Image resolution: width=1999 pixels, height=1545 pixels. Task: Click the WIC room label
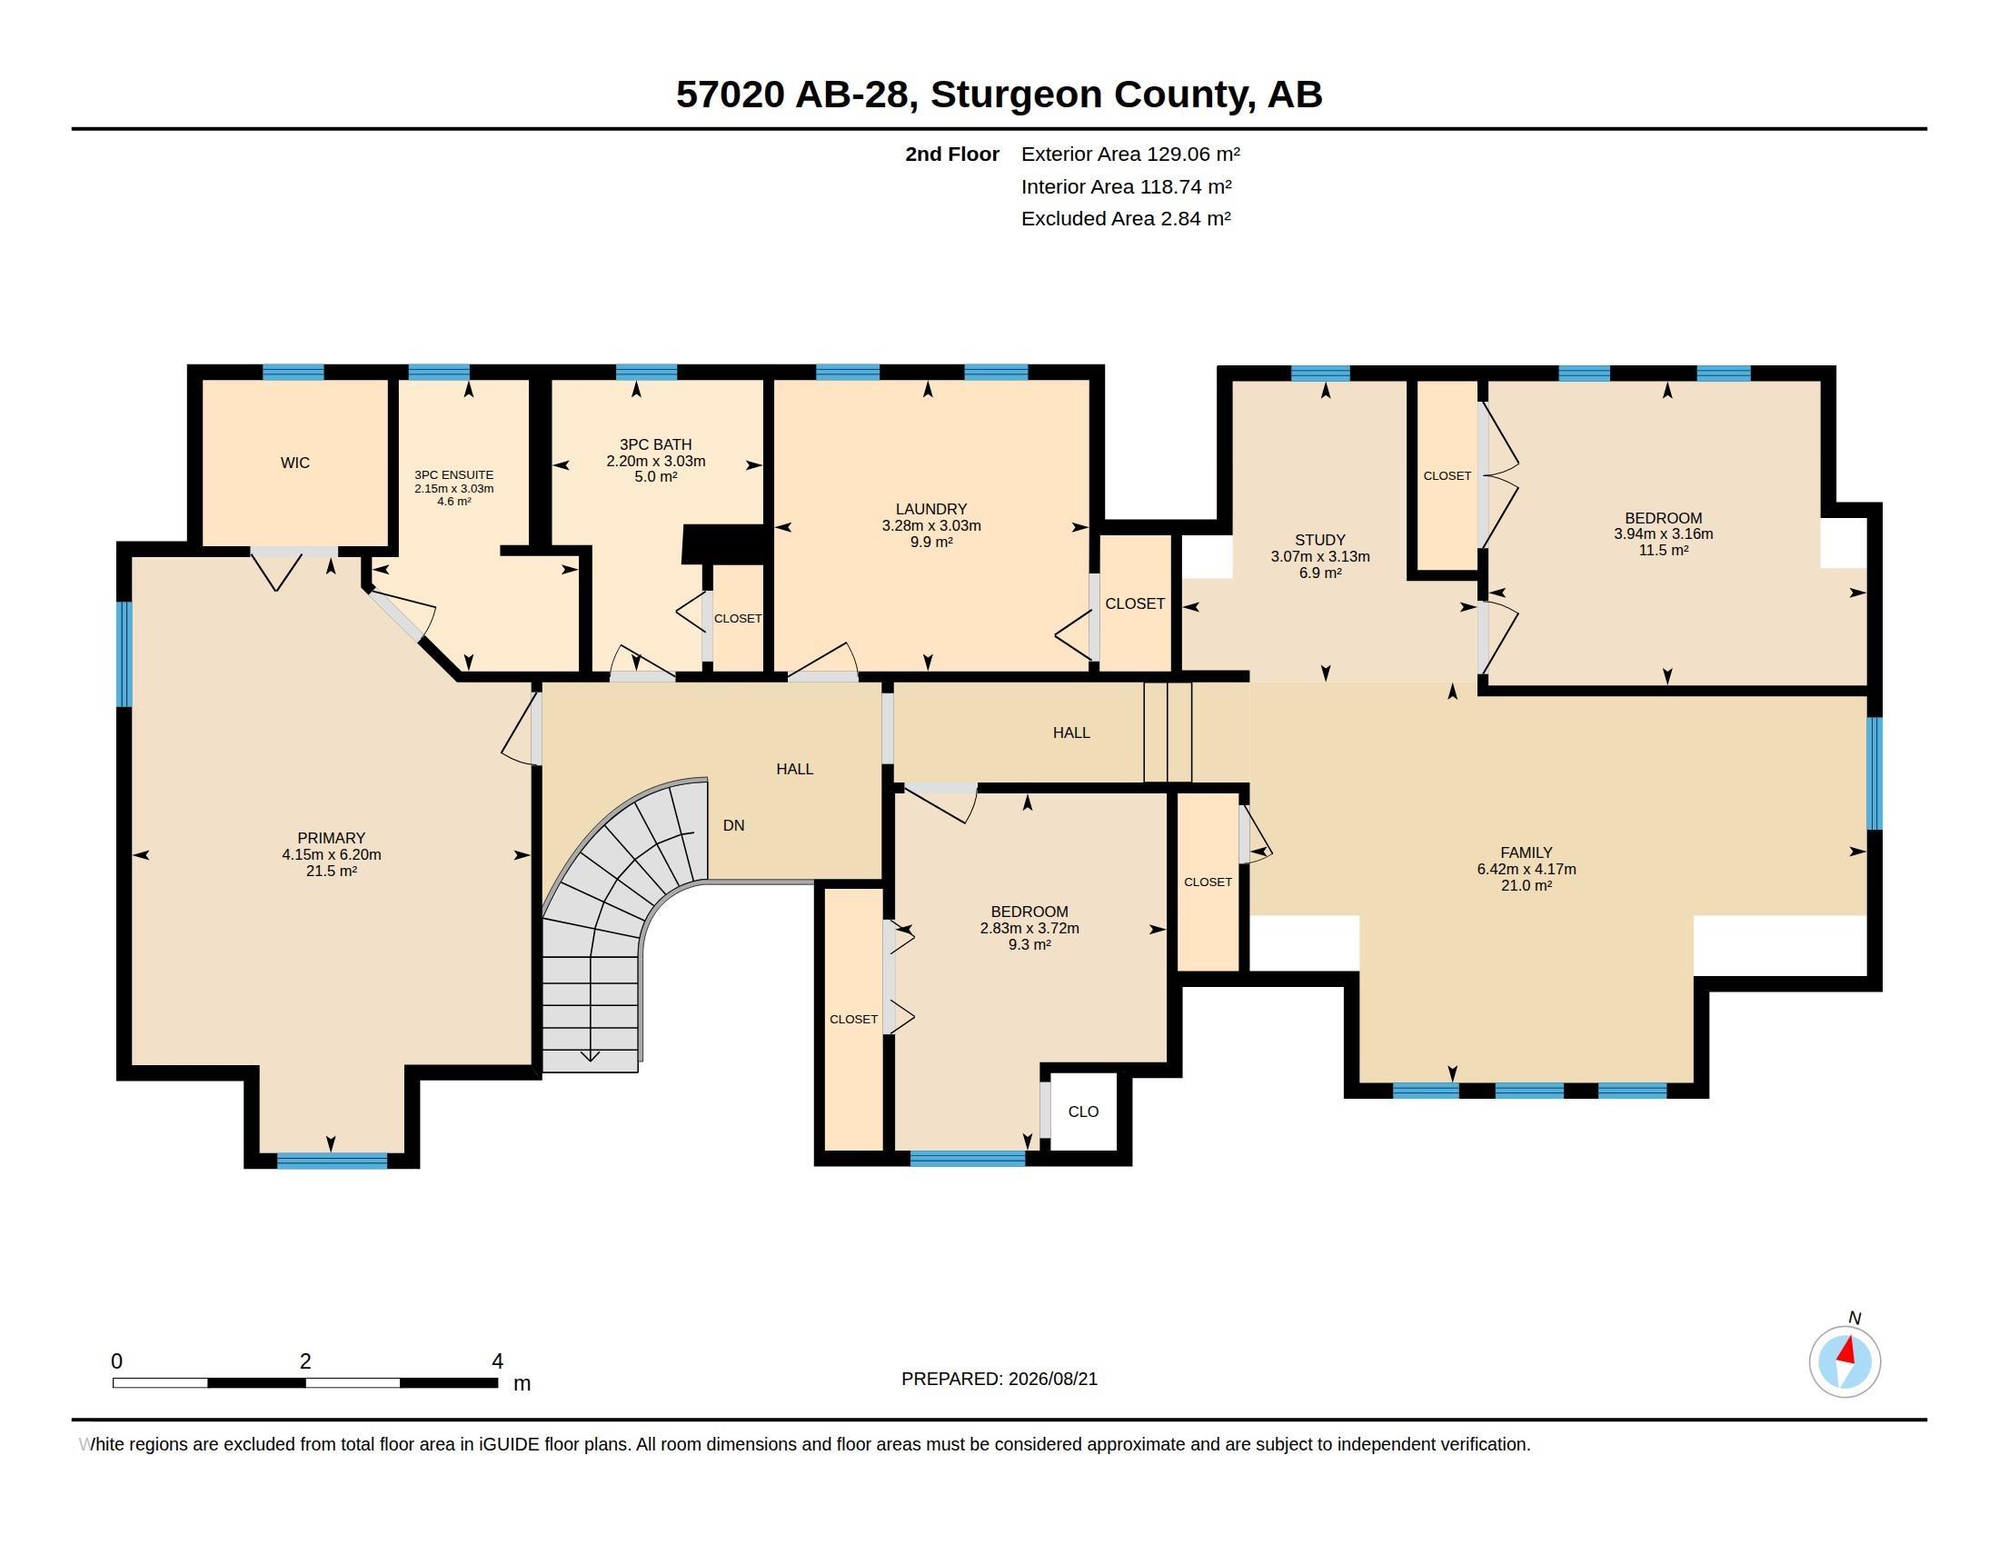pos(294,463)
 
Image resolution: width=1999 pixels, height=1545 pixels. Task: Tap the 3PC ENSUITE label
pos(454,475)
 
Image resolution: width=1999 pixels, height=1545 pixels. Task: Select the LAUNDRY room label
pos(930,509)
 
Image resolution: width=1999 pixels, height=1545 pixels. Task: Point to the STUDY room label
pos(1320,540)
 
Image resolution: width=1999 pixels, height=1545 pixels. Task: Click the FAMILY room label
pos(1526,852)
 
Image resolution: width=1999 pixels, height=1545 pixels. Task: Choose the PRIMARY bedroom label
pos(332,839)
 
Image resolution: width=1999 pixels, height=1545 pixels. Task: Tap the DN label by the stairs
pos(733,825)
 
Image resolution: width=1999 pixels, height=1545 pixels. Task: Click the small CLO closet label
pos(1083,1111)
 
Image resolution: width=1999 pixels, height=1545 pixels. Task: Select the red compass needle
pos(1848,1350)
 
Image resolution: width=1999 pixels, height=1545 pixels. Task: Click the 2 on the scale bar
pos(304,1361)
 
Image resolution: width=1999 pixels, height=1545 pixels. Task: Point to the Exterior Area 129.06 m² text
pos(1130,154)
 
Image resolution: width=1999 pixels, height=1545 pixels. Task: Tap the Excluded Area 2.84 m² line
pos(1126,219)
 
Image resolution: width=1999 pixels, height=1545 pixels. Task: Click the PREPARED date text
pos(999,1379)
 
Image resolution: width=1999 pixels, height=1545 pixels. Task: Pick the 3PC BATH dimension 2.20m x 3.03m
pos(655,462)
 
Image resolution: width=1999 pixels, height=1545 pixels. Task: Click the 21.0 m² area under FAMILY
pos(1526,885)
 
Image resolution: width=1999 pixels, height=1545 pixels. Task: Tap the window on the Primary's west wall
pos(124,654)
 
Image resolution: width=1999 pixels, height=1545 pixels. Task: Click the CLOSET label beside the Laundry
pos(1135,604)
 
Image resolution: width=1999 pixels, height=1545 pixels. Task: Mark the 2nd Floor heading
pos(952,154)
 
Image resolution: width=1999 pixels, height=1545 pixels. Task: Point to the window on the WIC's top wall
pos(293,373)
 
